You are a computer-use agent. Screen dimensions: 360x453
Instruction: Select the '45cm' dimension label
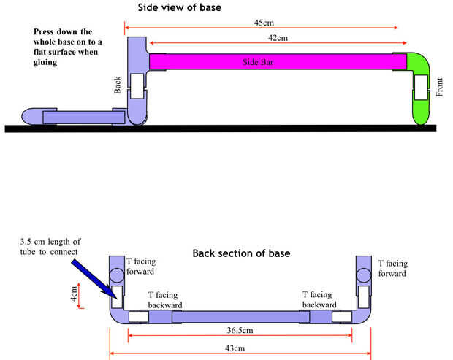(262, 23)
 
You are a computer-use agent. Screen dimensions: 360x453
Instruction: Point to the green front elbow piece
(422, 88)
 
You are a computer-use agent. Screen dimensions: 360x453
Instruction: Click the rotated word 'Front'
(440, 87)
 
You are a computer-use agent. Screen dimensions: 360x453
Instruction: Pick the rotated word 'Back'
(118, 85)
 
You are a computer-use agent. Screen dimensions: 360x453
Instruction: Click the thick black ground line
(219, 129)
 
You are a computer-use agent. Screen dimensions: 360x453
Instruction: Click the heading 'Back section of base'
(241, 254)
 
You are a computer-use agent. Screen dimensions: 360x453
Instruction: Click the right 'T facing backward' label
(324, 299)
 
